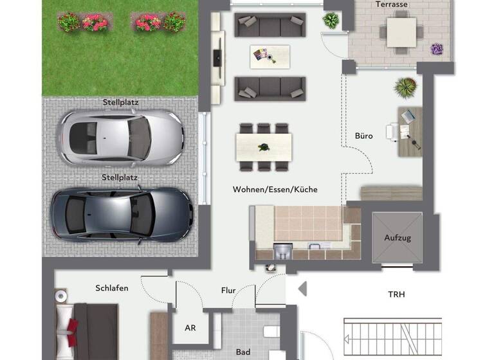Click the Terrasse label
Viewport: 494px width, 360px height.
pyautogui.click(x=392, y=4)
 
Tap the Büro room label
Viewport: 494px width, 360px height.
pyautogui.click(x=363, y=136)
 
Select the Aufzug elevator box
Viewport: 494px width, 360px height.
pyautogui.click(x=397, y=237)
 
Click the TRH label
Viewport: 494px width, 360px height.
pyautogui.click(x=396, y=294)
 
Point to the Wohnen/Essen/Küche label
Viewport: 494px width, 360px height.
pyautogui.click(x=275, y=190)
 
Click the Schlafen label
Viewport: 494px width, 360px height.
pyautogui.click(x=112, y=288)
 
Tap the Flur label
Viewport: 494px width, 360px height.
pyautogui.click(x=228, y=291)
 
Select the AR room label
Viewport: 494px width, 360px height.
pyautogui.click(x=190, y=328)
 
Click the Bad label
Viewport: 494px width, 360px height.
pyautogui.click(x=243, y=352)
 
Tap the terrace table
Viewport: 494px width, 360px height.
pyautogui.click(x=402, y=32)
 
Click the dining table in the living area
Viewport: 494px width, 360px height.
pyautogui.click(x=264, y=147)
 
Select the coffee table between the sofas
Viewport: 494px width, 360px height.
pyautogui.click(x=270, y=57)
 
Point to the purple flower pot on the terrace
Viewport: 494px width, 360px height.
pyautogui.click(x=437, y=49)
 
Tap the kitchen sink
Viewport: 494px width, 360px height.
pyautogui.click(x=283, y=249)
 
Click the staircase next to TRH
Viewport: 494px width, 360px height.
pyautogui.click(x=392, y=337)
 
